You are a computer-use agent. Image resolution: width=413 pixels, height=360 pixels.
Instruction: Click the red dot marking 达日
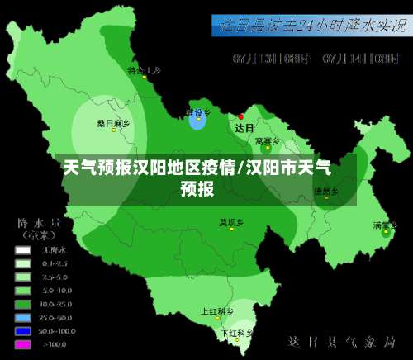(241, 116)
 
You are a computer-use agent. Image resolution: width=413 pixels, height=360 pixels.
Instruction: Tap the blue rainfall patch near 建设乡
(197, 121)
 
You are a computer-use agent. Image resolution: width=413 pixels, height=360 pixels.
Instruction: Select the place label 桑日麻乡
(114, 123)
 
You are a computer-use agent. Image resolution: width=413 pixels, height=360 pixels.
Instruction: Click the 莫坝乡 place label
(231, 222)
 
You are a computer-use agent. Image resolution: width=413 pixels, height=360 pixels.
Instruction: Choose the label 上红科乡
(216, 312)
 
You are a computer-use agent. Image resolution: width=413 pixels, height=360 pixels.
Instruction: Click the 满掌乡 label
(384, 225)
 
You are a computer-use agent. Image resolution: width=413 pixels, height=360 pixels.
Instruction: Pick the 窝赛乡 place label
(265, 141)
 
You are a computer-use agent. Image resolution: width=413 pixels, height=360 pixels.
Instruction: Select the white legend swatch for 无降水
(23, 249)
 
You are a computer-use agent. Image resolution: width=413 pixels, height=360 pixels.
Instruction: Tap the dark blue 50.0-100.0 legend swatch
(23, 330)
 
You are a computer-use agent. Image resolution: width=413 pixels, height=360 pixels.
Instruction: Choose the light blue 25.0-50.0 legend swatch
(23, 317)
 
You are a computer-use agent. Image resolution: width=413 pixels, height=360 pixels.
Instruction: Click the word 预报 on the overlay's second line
(197, 188)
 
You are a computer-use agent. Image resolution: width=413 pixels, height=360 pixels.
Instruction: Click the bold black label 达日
(244, 129)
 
